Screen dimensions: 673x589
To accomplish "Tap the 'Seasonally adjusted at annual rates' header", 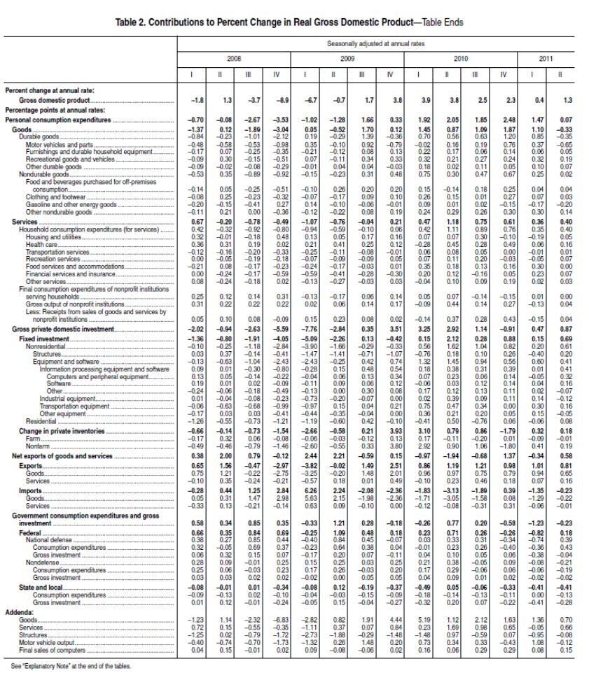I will tap(382, 43).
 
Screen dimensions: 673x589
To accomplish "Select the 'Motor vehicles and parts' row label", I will tap(56, 144).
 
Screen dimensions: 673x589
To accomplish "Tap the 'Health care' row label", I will tap(39, 244).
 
